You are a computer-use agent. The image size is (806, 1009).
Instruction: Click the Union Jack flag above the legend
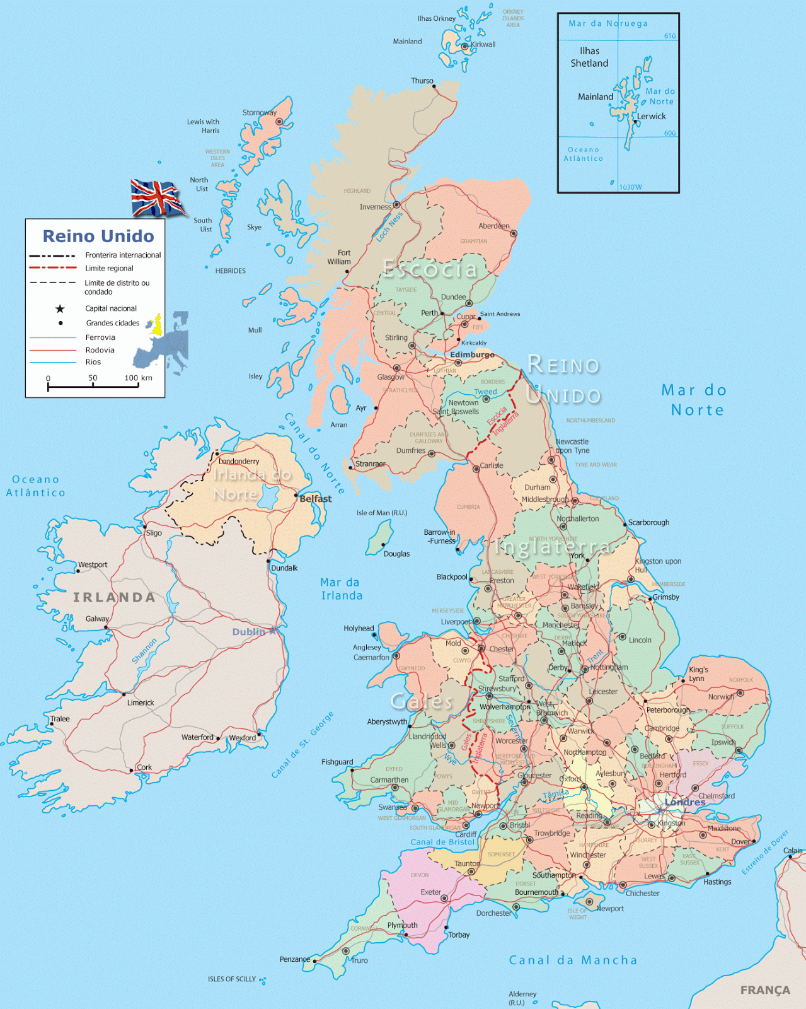[x=156, y=197]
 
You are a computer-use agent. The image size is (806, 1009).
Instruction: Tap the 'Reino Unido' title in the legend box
[x=98, y=236]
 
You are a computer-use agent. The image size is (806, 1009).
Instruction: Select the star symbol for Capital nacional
[x=60, y=308]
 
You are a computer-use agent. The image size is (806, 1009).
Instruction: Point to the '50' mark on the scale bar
[x=93, y=378]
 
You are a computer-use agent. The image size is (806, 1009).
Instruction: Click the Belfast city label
[x=315, y=499]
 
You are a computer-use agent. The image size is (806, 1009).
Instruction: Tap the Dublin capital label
[x=249, y=632]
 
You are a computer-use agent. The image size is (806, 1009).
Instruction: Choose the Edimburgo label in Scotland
[x=472, y=355]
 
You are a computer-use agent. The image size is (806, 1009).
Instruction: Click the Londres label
[x=685, y=802]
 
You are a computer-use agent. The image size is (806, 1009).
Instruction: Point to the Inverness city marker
[x=397, y=205]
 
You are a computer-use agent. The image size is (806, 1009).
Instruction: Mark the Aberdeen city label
[x=494, y=226]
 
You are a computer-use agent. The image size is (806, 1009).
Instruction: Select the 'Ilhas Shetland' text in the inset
[x=589, y=57]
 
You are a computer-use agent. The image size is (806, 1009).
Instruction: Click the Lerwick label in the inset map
[x=651, y=116]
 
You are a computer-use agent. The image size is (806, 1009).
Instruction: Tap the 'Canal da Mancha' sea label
[x=573, y=960]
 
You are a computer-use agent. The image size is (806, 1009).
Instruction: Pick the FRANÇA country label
[x=765, y=990]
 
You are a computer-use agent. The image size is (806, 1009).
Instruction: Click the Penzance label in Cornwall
[x=294, y=959]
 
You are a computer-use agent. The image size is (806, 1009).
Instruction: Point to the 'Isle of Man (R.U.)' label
[x=382, y=513]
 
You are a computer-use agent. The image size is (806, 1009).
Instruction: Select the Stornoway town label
[x=259, y=113]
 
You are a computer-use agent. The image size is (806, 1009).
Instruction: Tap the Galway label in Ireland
[x=97, y=619]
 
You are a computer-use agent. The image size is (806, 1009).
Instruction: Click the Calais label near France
[x=793, y=851]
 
